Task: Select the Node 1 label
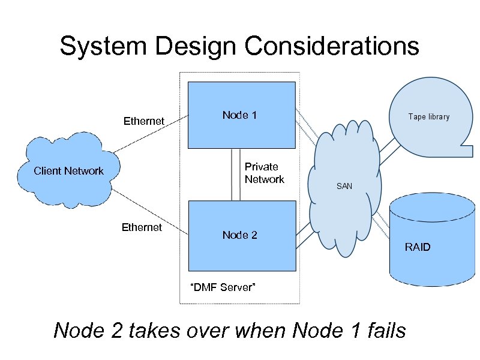[239, 115]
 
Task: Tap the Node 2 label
[239, 235]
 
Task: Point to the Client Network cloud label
[68, 171]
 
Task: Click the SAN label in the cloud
[344, 187]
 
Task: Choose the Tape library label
[428, 117]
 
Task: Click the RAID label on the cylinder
[418, 247]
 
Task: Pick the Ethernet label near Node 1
[143, 121]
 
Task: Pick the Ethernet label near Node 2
[142, 227]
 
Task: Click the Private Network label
[264, 173]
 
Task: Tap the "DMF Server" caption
[223, 287]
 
